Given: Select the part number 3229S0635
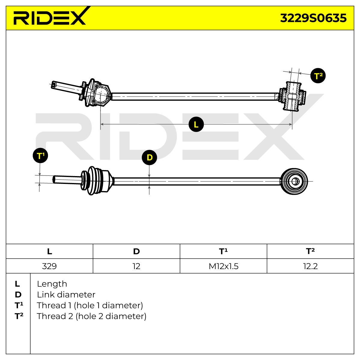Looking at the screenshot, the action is pos(313,18).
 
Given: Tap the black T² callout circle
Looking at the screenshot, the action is pos(318,76).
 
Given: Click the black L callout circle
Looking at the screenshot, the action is pos(196,124).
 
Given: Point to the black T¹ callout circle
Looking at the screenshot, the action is pos(40,155).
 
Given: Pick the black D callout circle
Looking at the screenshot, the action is pos(149,157).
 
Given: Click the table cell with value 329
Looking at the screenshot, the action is pos(49,266).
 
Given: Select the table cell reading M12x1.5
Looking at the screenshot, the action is pos(223,266).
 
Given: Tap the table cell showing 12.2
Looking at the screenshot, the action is pos(310,266).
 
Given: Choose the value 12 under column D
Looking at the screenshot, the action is pos(136,266).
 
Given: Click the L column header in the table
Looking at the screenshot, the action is pos(49,251).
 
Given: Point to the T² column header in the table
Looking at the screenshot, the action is pos(310,251).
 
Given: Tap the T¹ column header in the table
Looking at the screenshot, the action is pos(223,251).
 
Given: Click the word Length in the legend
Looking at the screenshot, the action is pos(52,284).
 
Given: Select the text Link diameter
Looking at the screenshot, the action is pos(66,295).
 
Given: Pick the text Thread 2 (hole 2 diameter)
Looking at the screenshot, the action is pos(91,316).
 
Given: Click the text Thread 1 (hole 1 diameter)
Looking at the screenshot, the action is pos(90,306).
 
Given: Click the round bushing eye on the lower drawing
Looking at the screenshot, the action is pos(295,181).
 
